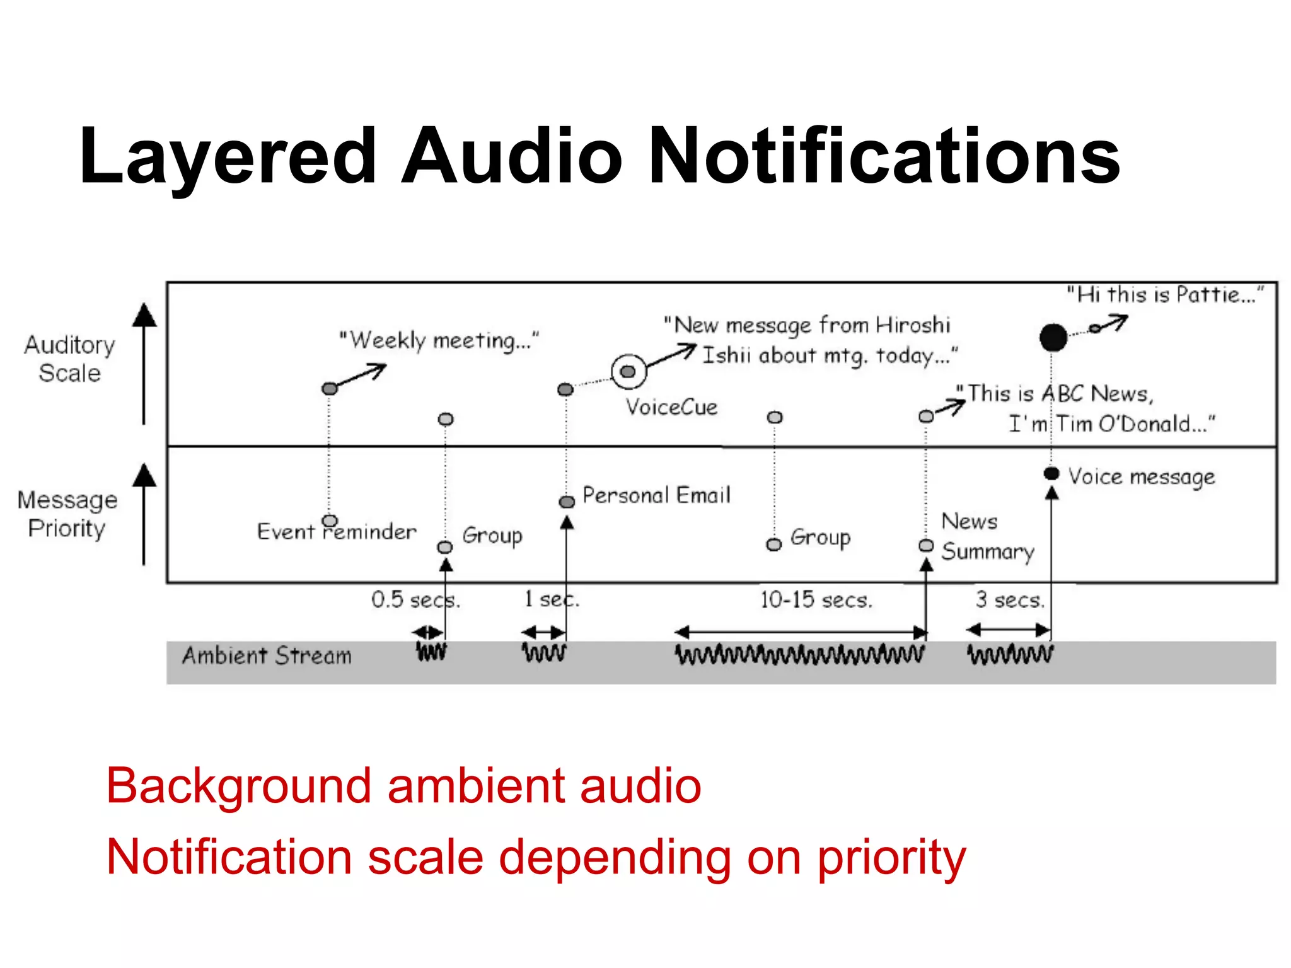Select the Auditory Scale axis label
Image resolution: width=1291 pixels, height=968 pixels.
(69, 359)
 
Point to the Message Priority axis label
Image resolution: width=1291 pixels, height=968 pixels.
(67, 514)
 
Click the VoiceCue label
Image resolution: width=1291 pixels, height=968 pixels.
(671, 407)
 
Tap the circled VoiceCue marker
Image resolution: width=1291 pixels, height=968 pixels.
(628, 372)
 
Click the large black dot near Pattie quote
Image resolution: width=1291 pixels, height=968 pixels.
(1053, 337)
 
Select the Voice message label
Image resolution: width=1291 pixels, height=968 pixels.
(1141, 477)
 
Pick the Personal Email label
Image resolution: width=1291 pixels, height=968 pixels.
(656, 495)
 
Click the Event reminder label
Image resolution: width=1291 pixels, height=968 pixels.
(337, 531)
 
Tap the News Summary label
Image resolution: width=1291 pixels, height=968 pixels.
(987, 536)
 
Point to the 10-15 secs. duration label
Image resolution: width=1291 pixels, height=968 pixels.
(816, 599)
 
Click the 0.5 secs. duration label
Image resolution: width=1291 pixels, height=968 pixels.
(415, 599)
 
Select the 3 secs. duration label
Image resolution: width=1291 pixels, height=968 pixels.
(1010, 599)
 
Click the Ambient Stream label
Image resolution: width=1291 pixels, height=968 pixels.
(267, 656)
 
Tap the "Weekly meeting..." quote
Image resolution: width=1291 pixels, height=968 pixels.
(439, 340)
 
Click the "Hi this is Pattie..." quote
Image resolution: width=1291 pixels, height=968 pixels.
(1165, 295)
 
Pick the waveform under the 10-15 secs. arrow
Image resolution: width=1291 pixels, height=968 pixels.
(799, 654)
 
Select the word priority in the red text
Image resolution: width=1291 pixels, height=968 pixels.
(891, 858)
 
